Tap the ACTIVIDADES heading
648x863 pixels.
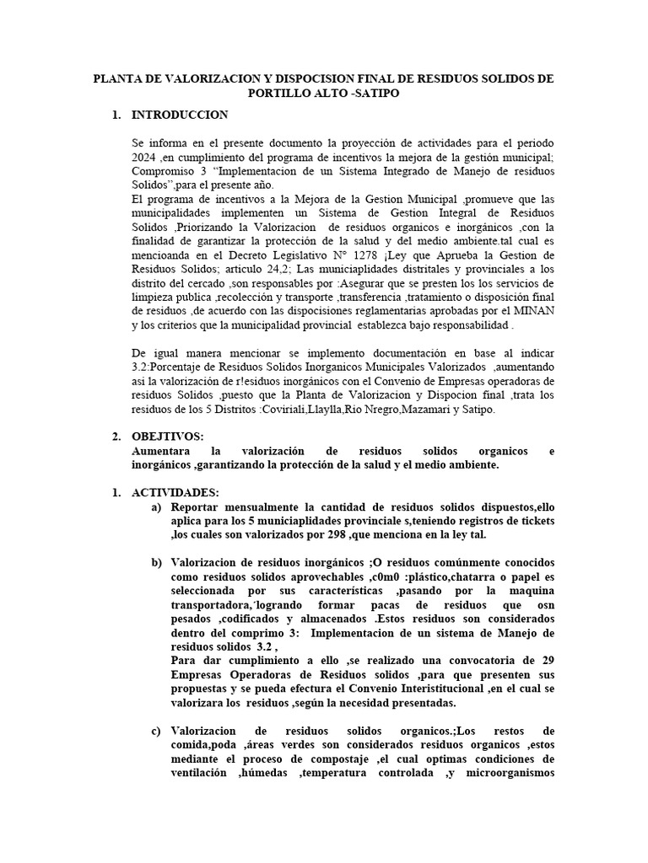pos(175,492)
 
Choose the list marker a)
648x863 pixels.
pos(157,507)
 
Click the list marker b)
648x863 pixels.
pos(157,562)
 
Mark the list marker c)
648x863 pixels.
pos(157,730)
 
